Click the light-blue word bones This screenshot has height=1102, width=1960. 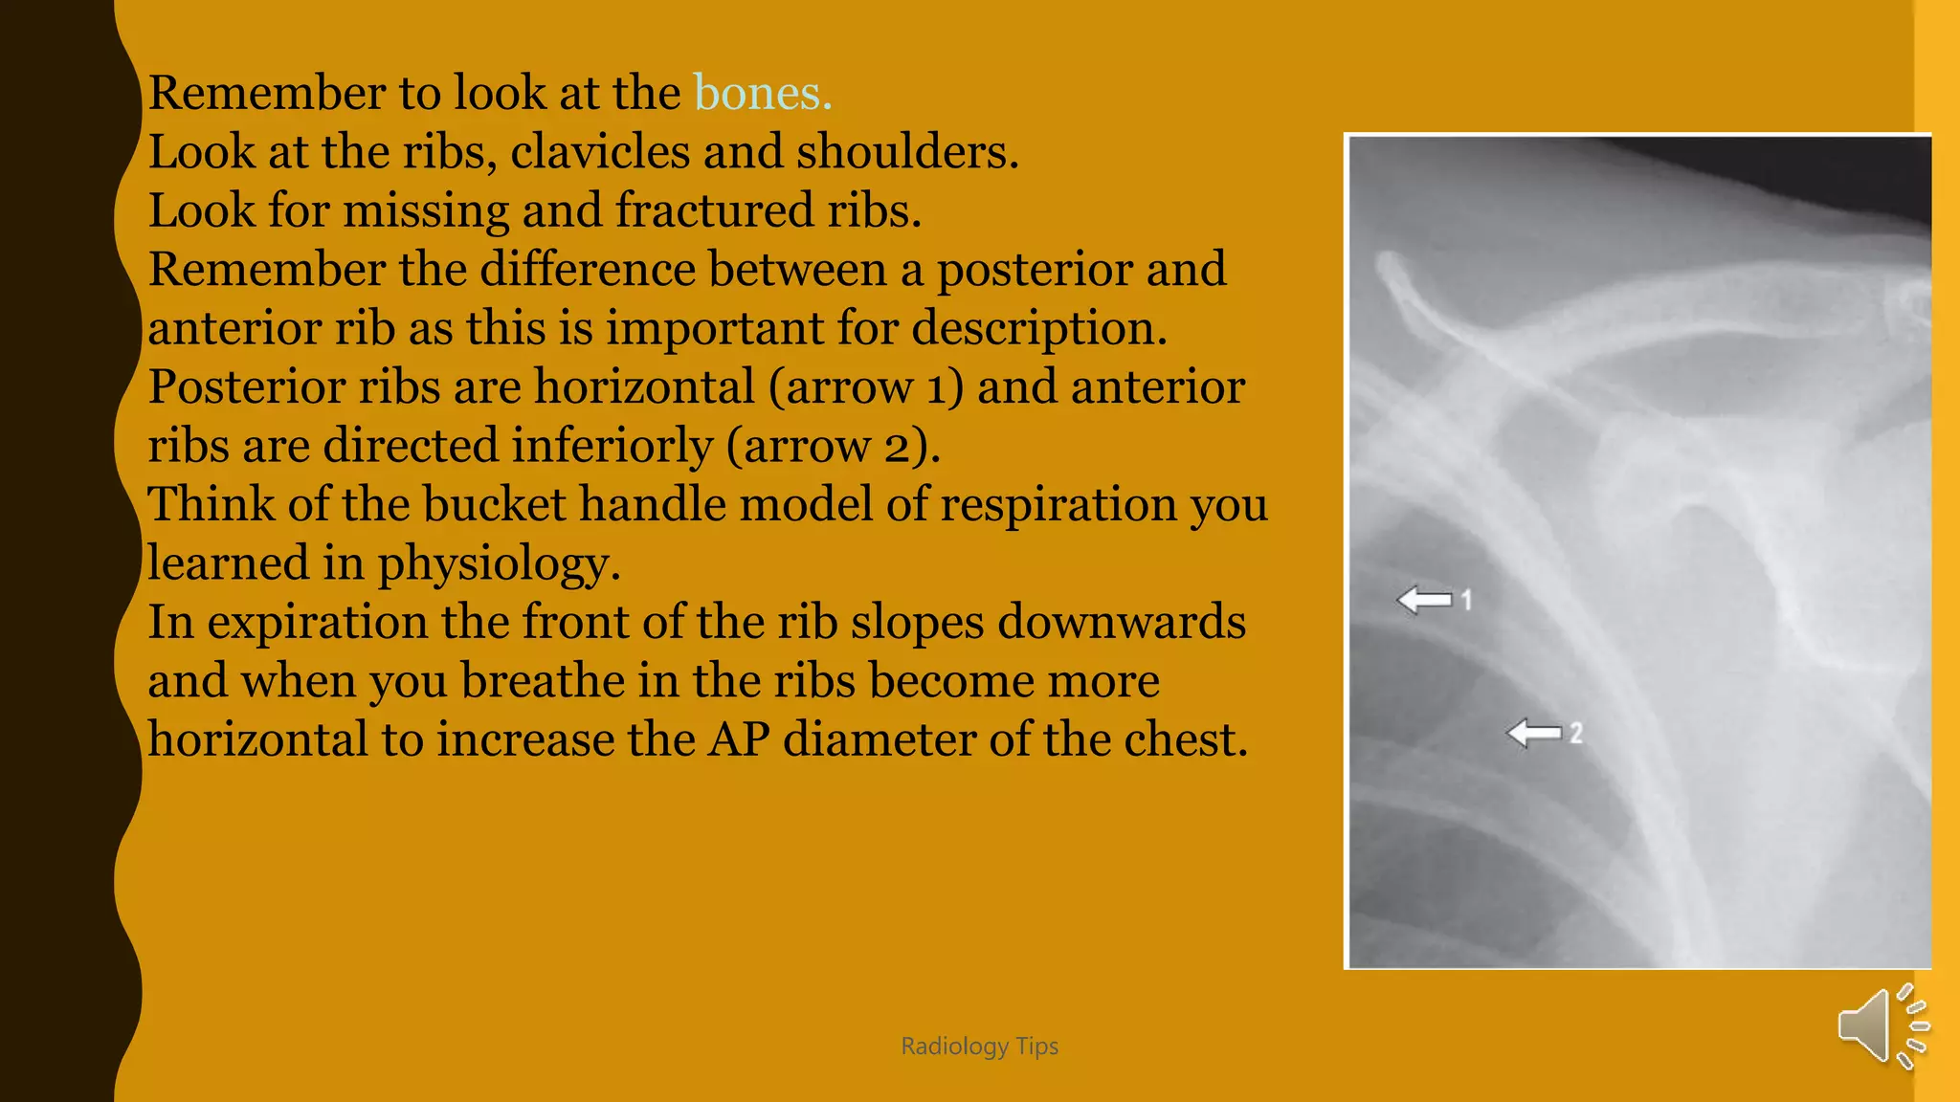click(762, 94)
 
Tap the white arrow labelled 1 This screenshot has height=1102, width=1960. click(1424, 600)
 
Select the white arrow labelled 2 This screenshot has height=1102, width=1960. click(1533, 734)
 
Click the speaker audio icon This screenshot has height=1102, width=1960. click(1882, 1025)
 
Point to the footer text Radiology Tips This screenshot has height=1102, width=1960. click(979, 1047)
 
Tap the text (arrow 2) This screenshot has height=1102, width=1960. click(833, 447)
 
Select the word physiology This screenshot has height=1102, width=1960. click(498, 563)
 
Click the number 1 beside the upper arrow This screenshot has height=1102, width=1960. click(1466, 600)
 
